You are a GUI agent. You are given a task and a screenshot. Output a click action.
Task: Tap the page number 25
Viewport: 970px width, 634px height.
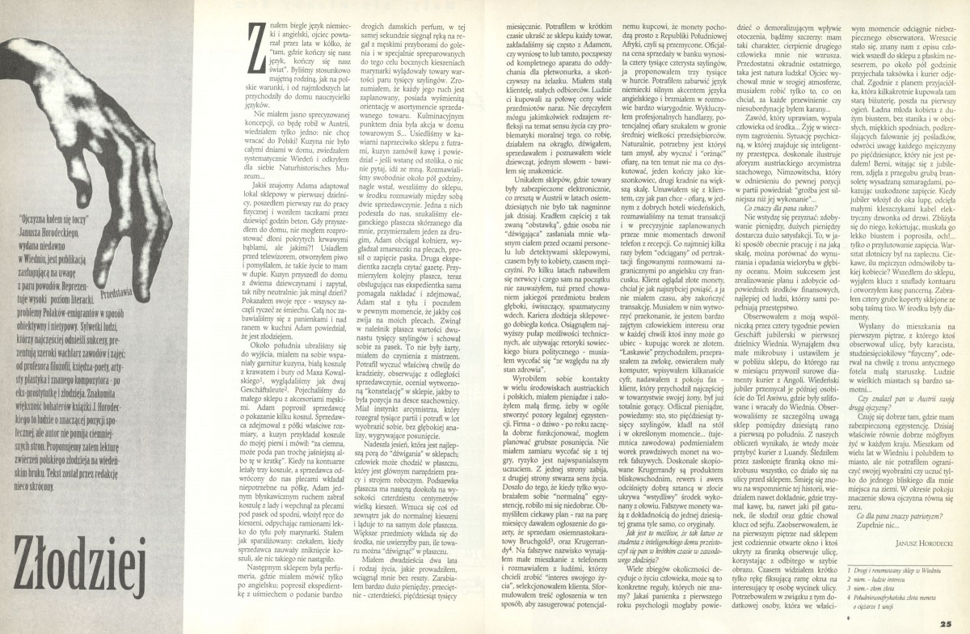pos(954,622)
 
